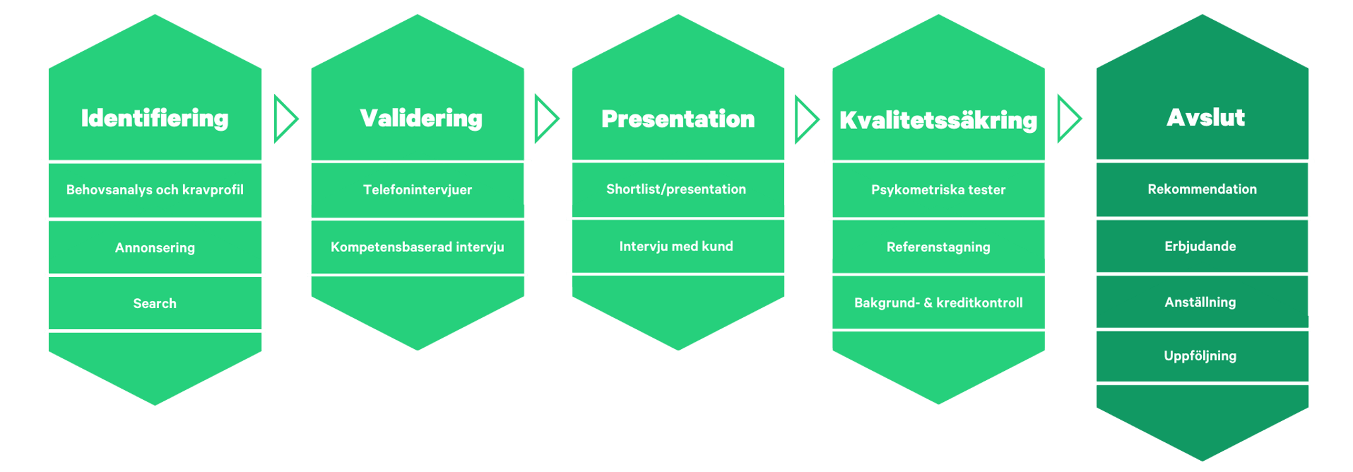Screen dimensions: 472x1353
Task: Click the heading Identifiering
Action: [x=155, y=118]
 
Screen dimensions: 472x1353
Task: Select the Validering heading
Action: [x=421, y=118]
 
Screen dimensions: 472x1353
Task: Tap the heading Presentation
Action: [x=678, y=119]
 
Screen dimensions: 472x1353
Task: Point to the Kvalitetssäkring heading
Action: [x=938, y=120]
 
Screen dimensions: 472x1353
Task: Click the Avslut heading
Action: [x=1205, y=118]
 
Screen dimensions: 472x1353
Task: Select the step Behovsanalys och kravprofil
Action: [x=155, y=190]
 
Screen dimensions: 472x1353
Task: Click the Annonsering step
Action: [x=155, y=248]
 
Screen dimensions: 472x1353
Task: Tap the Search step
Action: [x=155, y=303]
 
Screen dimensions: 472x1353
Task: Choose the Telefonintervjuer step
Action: [x=418, y=190]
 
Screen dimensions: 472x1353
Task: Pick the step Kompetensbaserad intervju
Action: [x=418, y=247]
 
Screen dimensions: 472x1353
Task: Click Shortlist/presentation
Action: [x=676, y=189]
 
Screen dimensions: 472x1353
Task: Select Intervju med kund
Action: [x=676, y=247]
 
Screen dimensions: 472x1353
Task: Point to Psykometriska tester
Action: [x=938, y=190]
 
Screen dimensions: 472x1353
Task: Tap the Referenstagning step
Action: [x=938, y=247]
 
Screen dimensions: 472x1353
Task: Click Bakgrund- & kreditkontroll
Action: [x=938, y=303]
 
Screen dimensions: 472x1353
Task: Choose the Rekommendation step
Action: [x=1202, y=189]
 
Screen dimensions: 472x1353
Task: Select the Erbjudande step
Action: [x=1200, y=247]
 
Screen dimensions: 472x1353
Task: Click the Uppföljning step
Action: [x=1200, y=356]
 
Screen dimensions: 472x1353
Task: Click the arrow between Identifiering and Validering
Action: [x=285, y=119]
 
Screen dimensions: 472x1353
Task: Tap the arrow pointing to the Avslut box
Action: [x=1068, y=119]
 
